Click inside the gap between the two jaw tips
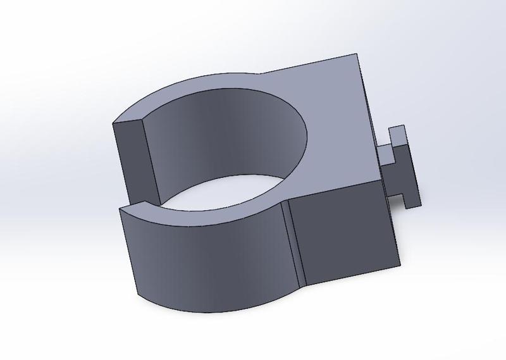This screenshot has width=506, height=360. pyautogui.click(x=136, y=206)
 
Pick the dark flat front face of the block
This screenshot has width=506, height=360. pyautogui.click(x=345, y=231)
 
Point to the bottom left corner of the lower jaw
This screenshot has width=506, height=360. pyautogui.click(x=139, y=294)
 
